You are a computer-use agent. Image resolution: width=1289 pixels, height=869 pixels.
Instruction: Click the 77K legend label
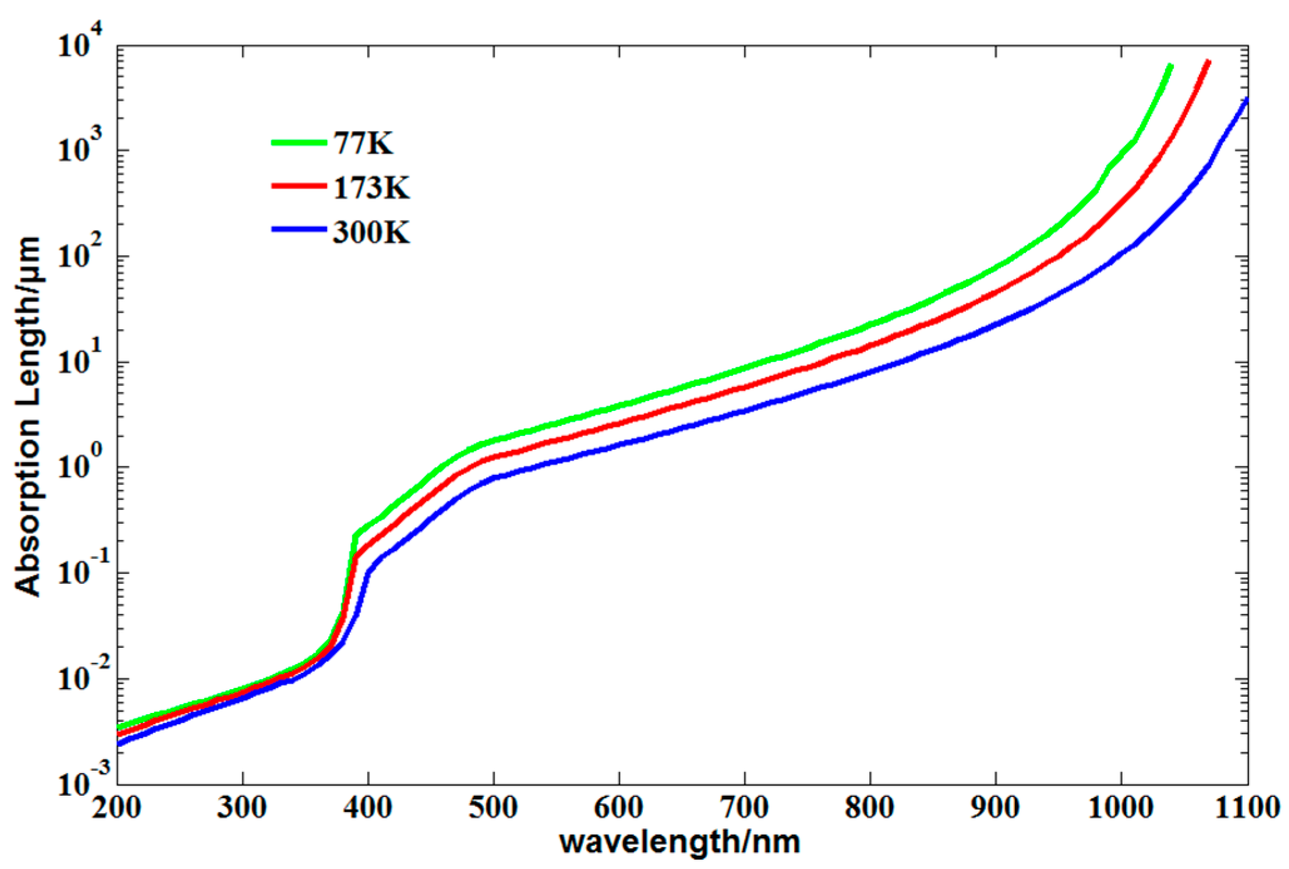pos(363,143)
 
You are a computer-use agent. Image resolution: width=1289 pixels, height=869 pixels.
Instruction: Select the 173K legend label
pos(371,187)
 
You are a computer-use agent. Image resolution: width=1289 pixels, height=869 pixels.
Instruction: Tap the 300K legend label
pos(371,232)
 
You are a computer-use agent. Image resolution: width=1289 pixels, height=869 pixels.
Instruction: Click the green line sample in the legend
pos(299,143)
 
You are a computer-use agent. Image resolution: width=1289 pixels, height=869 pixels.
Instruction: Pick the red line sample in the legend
pos(299,186)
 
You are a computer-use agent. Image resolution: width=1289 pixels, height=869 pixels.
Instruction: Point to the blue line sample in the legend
pos(299,230)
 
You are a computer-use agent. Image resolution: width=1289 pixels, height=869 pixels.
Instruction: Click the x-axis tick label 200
pos(117,808)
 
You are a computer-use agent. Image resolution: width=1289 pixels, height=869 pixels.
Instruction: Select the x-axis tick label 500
pos(493,808)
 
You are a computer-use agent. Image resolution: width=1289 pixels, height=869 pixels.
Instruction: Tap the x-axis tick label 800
pos(870,808)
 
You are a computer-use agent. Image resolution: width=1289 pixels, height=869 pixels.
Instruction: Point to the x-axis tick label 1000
pos(1121,808)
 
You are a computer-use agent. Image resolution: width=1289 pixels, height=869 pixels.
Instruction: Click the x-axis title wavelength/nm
pos(680,843)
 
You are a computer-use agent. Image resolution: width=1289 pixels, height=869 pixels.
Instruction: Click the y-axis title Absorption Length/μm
pos(28,417)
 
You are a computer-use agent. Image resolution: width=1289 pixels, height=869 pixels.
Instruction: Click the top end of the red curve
pos(1208,62)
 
